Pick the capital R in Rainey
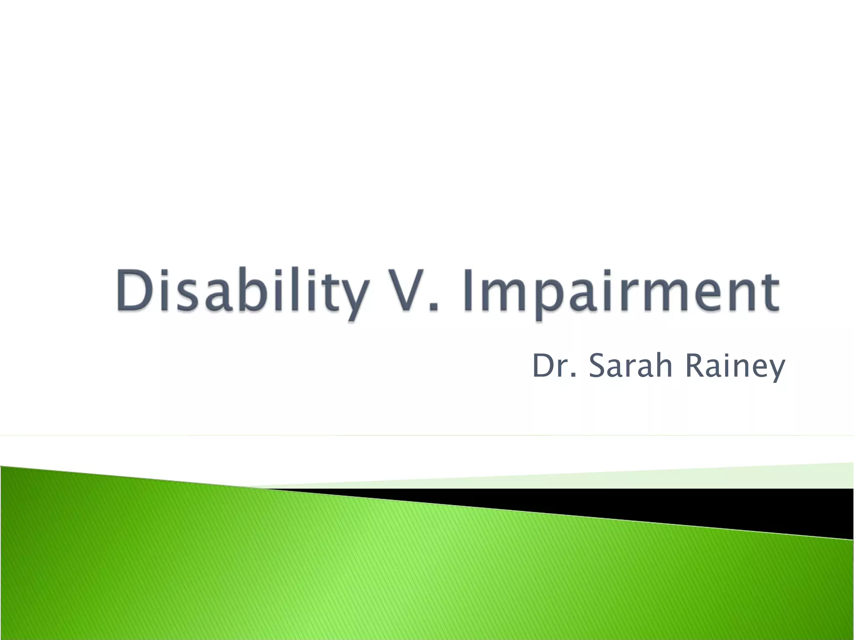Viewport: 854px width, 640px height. point(694,366)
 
